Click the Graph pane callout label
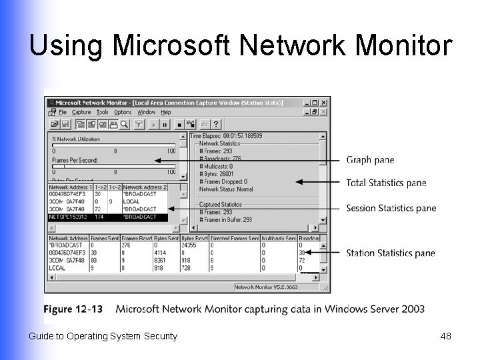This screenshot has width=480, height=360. coord(370,160)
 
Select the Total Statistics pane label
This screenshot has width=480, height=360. coord(386,183)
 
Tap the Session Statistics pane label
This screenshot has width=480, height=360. coord(391,208)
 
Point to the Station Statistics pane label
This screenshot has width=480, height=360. coord(390,253)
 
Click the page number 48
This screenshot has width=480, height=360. coord(445,336)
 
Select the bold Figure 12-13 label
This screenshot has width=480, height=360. coord(74,309)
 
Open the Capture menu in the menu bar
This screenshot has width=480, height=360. coord(81,113)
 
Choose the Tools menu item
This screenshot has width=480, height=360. coord(102,113)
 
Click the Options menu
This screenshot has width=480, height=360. coord(123,113)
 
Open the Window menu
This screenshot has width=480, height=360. coord(146,113)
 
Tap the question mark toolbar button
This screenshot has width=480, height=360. coord(216,124)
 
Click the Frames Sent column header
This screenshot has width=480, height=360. coord(104,238)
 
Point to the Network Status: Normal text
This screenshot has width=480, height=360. coord(226,189)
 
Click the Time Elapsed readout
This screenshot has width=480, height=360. coord(226,136)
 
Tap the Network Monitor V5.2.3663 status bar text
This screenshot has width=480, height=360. coord(266,287)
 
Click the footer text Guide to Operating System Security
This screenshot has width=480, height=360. coord(103,336)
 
